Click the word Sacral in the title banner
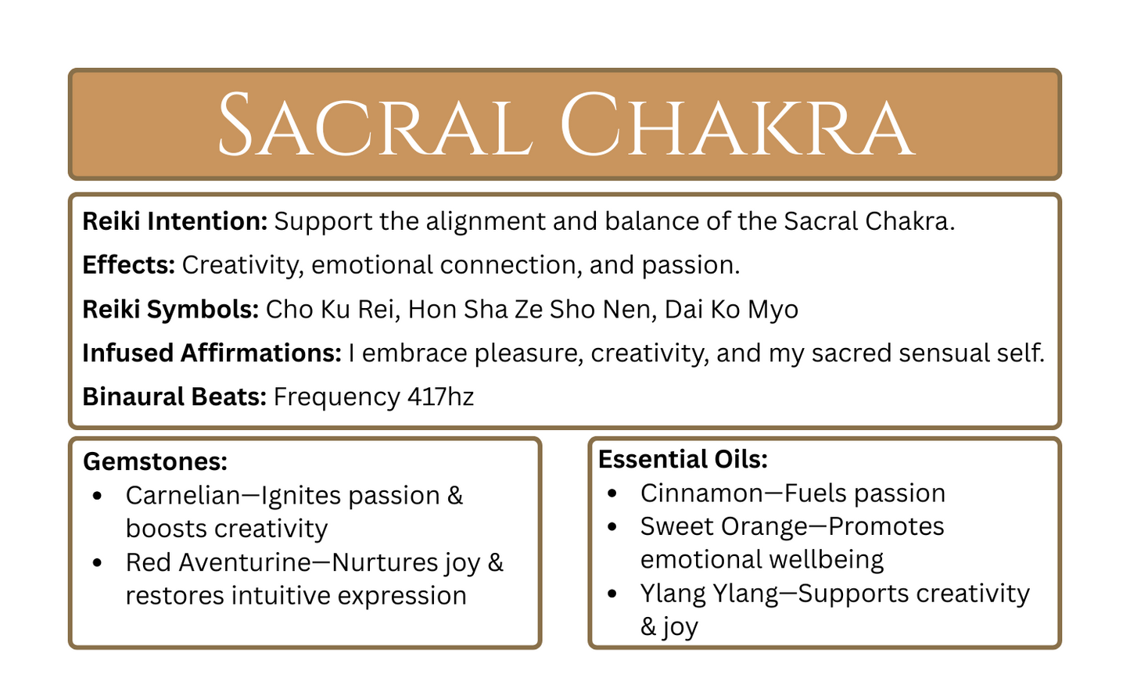click(375, 125)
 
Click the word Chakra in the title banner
click(737, 125)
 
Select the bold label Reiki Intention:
click(175, 221)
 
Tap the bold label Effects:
click(128, 265)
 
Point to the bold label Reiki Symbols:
click(170, 309)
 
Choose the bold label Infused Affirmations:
click(212, 353)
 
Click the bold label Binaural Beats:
click(174, 396)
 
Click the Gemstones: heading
click(155, 461)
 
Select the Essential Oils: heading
click(683, 459)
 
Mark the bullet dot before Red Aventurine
click(97, 562)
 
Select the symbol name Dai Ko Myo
click(731, 309)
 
